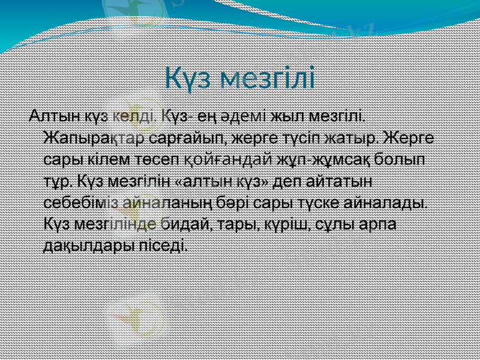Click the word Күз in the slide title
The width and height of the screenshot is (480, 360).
tap(189, 79)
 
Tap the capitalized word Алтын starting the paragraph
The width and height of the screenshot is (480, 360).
tap(49, 115)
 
